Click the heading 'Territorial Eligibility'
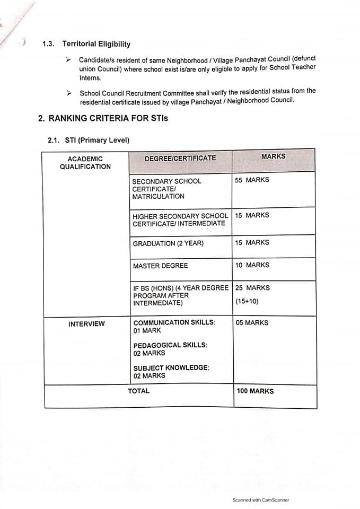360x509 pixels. [96, 44]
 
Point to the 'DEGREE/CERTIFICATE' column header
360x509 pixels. [180, 159]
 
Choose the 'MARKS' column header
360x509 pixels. [273, 157]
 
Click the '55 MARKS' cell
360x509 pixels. [252, 180]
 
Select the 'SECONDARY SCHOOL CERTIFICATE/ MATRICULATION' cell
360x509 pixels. [166, 189]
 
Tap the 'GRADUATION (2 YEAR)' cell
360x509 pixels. [168, 243]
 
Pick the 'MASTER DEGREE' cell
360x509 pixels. [160, 266]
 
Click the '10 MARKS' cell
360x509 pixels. [252, 265]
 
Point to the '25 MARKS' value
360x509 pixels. [252, 288]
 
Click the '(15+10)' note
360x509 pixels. [247, 301]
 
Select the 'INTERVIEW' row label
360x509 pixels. [86, 324]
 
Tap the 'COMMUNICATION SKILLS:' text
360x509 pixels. [174, 323]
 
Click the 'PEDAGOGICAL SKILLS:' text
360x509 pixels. [170, 345]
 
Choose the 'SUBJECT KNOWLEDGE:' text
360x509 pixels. [171, 368]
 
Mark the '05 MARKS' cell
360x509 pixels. [252, 323]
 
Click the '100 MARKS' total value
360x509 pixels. [254, 391]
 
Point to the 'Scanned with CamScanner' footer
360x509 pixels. [261, 499]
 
